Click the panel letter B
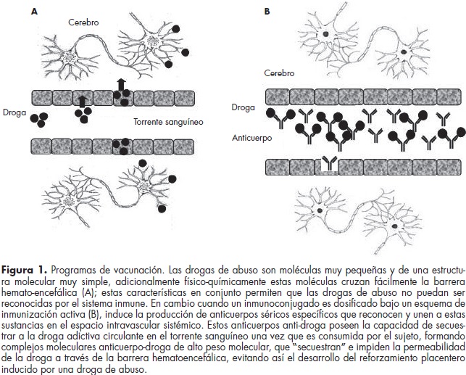point(267,12)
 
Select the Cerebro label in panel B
point(280,73)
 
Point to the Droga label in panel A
point(14,112)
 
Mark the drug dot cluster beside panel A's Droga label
point(41,118)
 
